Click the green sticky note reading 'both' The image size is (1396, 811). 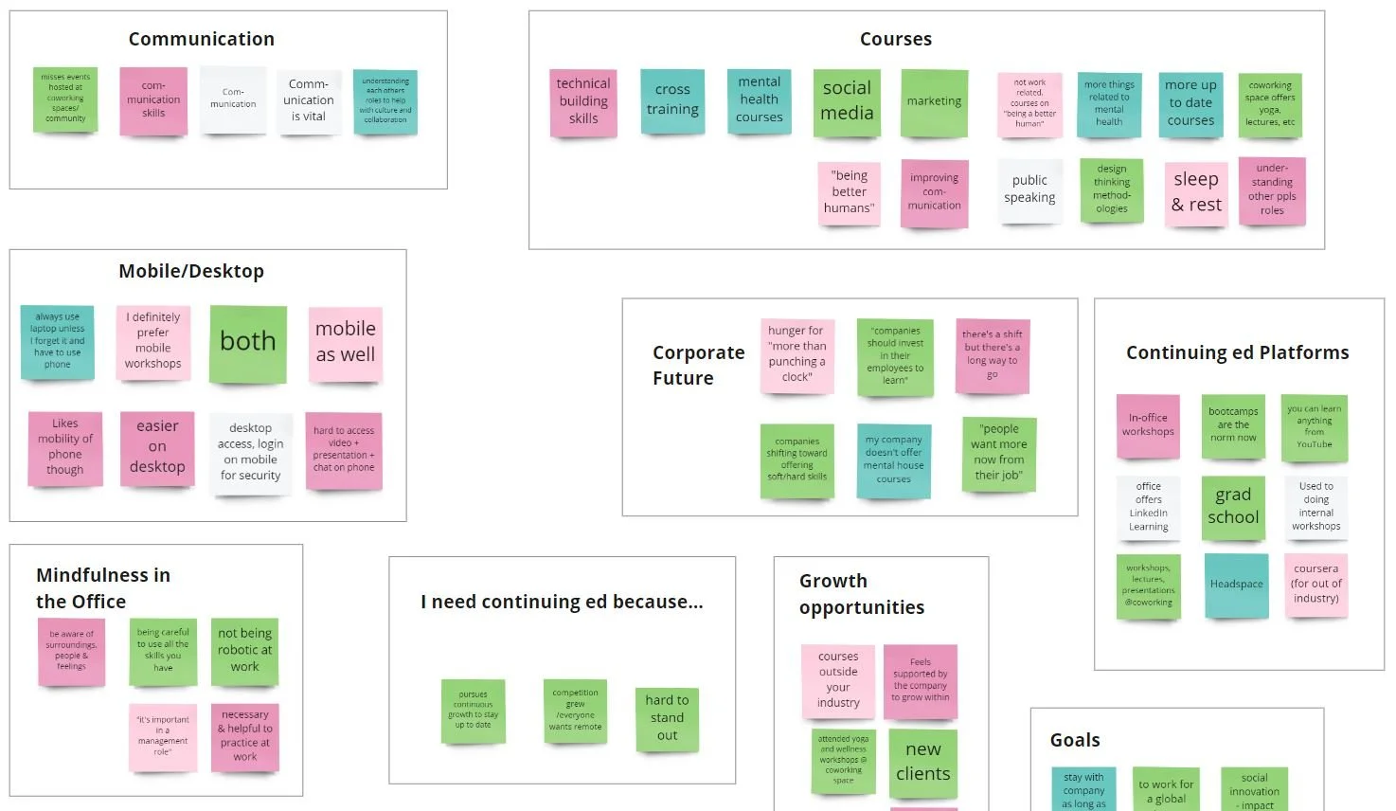coord(248,343)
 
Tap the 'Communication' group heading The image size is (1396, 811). coord(202,39)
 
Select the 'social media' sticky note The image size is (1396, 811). coord(847,101)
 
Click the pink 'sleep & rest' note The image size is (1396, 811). coord(1196,192)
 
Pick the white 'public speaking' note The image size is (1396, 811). coord(1029,189)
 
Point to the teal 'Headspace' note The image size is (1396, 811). coord(1236,585)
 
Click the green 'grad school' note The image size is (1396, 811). coord(1233,506)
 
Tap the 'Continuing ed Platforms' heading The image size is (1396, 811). coord(1237,352)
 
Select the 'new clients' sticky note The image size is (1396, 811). coord(922,762)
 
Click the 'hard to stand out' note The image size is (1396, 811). coord(667,718)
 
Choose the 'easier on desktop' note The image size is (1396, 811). coord(157,447)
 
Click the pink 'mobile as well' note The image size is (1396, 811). coord(346,342)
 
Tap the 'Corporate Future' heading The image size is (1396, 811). coord(698,365)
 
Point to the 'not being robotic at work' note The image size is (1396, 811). coord(244,650)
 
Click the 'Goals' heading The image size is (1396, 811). coord(1075,740)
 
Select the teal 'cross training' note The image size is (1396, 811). coord(672,99)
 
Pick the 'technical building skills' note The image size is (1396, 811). coord(583,101)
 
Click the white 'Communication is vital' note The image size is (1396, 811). coord(309,100)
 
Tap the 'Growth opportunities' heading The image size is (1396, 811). coord(861,594)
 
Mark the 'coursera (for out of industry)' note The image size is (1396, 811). coord(1315,585)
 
